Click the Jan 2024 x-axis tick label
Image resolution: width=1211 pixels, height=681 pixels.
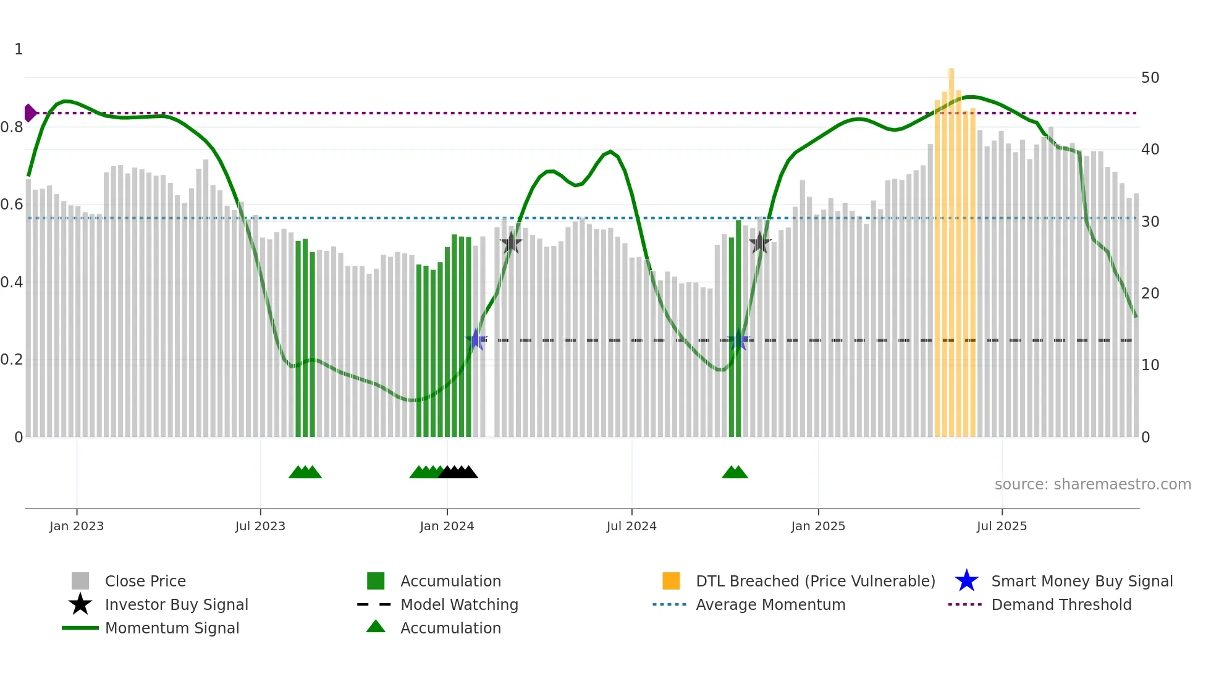(x=447, y=526)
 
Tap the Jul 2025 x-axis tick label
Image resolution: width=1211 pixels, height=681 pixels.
(x=1002, y=526)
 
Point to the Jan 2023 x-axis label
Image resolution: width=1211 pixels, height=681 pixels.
(x=77, y=526)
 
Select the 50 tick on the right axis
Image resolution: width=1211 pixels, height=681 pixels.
(x=1150, y=78)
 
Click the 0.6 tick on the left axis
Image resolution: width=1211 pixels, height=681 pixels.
(x=12, y=205)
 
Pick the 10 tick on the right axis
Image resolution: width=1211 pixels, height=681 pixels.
(x=1150, y=365)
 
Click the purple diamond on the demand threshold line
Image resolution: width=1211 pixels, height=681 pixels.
(x=30, y=113)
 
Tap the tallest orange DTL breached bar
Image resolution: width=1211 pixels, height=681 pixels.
(x=951, y=247)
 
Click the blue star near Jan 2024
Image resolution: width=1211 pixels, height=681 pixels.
(x=476, y=339)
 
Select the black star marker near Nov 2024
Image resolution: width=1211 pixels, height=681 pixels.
(x=759, y=243)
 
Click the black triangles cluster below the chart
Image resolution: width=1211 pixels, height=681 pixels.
(x=458, y=472)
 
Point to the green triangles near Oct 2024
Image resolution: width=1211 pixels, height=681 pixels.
(x=735, y=472)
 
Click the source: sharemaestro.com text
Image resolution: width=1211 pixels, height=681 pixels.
(x=1092, y=484)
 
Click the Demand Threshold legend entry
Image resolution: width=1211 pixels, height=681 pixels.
(x=1061, y=604)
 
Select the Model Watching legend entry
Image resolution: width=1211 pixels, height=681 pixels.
(x=458, y=604)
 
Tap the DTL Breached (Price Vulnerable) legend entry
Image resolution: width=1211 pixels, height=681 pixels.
(x=815, y=581)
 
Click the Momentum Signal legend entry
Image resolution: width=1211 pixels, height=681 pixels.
(x=172, y=628)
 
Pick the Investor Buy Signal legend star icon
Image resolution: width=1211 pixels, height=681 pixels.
(x=80, y=604)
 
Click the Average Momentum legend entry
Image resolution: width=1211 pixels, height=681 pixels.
(x=770, y=604)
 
